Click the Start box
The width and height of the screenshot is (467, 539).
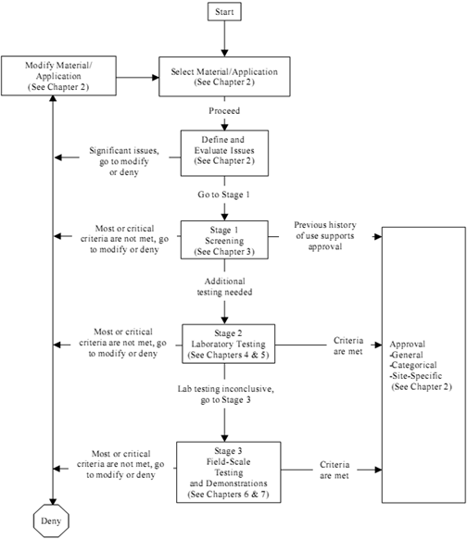pos(224,12)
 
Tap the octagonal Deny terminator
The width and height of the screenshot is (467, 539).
pos(51,520)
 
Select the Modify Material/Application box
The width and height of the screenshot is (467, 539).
pos(58,76)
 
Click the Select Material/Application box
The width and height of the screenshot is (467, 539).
pos(224,77)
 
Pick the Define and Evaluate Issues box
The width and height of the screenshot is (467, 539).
pos(224,153)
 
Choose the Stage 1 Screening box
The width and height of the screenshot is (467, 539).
pos(224,240)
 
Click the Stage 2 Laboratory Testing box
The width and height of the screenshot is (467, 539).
pos(228,344)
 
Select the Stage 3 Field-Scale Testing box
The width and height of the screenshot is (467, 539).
pos(229,472)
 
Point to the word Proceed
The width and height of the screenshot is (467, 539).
pos(224,111)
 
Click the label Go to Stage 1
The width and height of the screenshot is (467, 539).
pos(224,194)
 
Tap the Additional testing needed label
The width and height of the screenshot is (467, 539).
pos(224,287)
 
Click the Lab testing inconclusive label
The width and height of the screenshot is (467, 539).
pos(225,395)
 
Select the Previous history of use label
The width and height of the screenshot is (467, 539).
pos(325,235)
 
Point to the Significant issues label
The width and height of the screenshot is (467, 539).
pos(124,161)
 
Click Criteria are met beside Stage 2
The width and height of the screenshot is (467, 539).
pos(348,345)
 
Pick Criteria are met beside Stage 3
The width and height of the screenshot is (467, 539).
pos(334,470)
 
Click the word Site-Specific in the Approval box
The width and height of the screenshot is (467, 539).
pos(417,376)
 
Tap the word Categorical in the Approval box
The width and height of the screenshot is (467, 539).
pos(414,365)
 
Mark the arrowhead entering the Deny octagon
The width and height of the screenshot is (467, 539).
pos(53,502)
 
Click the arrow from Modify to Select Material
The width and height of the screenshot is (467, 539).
pos(137,78)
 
